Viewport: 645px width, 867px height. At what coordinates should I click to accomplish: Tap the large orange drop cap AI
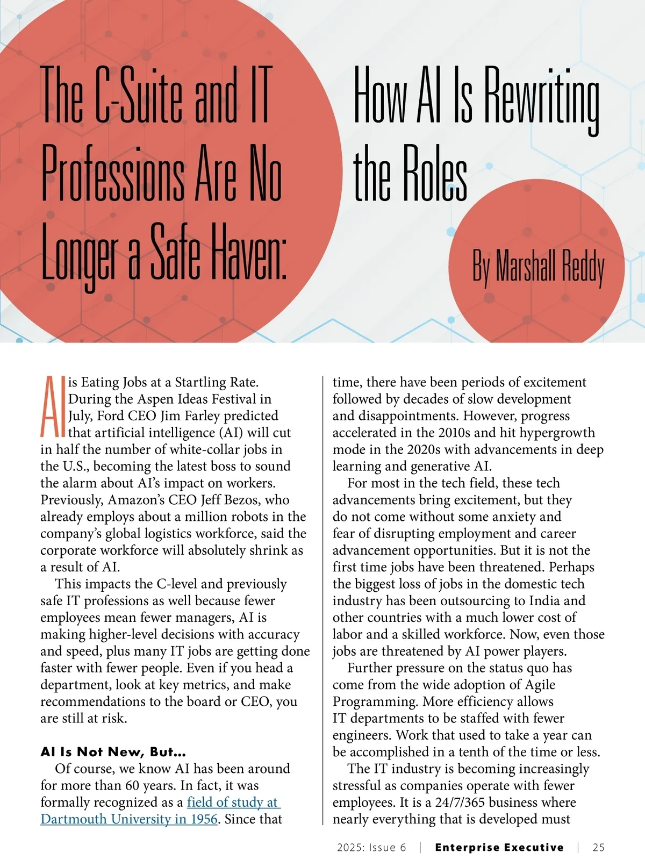53,406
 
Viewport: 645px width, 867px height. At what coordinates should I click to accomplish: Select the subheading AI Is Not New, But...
113,751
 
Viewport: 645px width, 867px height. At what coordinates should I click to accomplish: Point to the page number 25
598,848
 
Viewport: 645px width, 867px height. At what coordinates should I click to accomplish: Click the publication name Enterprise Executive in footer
499,848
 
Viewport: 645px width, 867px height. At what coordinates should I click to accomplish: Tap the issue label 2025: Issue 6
371,848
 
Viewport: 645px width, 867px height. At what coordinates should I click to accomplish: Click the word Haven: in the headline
249,252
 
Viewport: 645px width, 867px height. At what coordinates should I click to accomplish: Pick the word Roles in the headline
435,174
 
